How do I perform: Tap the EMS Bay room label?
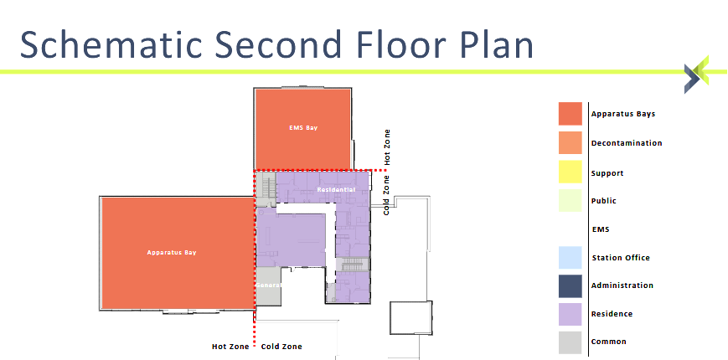[303, 128]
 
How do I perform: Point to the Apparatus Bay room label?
[171, 252]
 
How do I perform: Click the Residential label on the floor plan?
[336, 190]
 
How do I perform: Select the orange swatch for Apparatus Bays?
[571, 114]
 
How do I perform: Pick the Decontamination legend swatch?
[571, 142]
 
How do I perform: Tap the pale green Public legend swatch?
[571, 200]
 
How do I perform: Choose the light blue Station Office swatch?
[571, 257]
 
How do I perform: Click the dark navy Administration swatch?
[571, 285]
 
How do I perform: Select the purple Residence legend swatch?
[571, 314]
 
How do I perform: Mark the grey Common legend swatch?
[571, 342]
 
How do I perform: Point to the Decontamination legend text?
[626, 143]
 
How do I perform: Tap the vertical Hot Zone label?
[387, 146]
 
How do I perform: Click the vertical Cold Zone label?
[386, 195]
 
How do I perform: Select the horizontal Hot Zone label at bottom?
[230, 347]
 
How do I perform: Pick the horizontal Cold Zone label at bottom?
[281, 347]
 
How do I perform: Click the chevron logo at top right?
[696, 75]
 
